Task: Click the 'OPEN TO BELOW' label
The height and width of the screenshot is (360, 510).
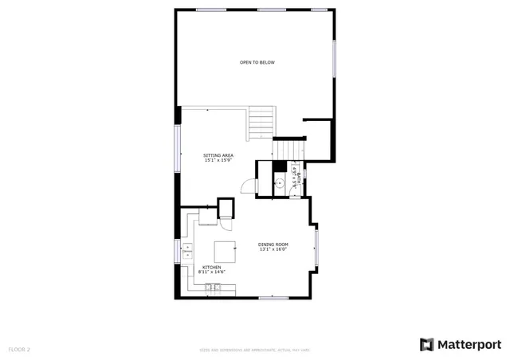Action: coord(257,62)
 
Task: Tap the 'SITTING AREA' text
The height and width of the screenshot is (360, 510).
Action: coord(217,155)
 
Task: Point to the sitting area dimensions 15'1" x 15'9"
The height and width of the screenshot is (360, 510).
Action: coord(217,161)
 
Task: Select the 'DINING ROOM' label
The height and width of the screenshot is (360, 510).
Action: coord(273,244)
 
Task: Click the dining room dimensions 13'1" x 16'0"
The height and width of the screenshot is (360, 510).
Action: coord(273,249)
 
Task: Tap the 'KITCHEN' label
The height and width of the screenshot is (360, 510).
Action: coord(211,268)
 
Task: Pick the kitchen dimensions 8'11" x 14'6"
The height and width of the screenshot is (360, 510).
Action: coord(211,272)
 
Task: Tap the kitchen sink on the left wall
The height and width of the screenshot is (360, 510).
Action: coord(187,252)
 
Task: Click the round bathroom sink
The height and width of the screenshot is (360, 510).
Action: coord(280,182)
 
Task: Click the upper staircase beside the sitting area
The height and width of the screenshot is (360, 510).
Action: coord(261,123)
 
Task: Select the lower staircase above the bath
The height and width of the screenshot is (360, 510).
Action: coord(288,150)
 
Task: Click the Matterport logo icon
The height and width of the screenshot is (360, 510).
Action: coord(427,344)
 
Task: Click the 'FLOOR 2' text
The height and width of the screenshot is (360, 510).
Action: coord(19,349)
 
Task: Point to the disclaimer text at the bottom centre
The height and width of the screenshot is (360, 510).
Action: coord(254,350)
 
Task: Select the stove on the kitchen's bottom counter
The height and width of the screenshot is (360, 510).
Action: coord(214,286)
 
